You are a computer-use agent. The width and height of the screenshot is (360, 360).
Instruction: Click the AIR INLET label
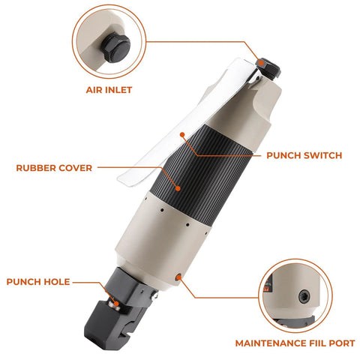(108, 89)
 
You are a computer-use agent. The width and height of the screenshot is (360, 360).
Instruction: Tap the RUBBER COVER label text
(54, 168)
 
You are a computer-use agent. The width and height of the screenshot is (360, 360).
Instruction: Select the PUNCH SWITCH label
(304, 155)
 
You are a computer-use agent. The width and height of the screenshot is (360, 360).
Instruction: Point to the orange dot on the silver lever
(182, 136)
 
